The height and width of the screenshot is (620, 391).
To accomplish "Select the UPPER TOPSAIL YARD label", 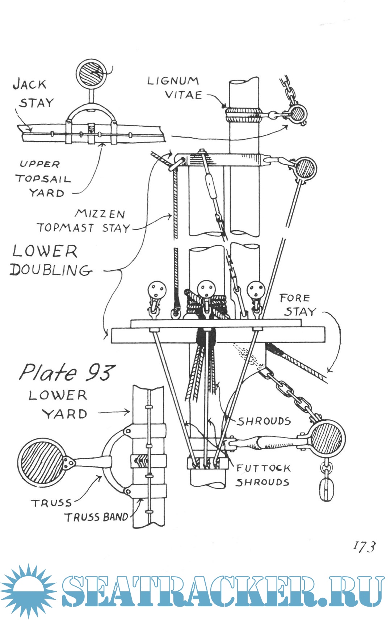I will point(43,179).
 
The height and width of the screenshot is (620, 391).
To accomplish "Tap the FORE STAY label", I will point(298,305).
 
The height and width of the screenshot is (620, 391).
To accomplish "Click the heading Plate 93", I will point(67,372).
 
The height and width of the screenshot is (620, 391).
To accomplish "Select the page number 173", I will point(364,546).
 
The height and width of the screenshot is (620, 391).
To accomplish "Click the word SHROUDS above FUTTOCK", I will point(264,421).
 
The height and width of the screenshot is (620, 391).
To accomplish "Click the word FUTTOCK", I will point(263,468).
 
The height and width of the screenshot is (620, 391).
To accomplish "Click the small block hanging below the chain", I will point(326,490).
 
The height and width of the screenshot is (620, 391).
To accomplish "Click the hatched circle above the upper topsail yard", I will point(91,73).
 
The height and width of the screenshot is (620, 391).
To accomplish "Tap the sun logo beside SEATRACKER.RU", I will point(28,590).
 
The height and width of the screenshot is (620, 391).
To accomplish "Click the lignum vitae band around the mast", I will point(243,114).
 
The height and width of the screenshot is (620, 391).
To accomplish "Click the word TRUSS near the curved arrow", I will point(51,503).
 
